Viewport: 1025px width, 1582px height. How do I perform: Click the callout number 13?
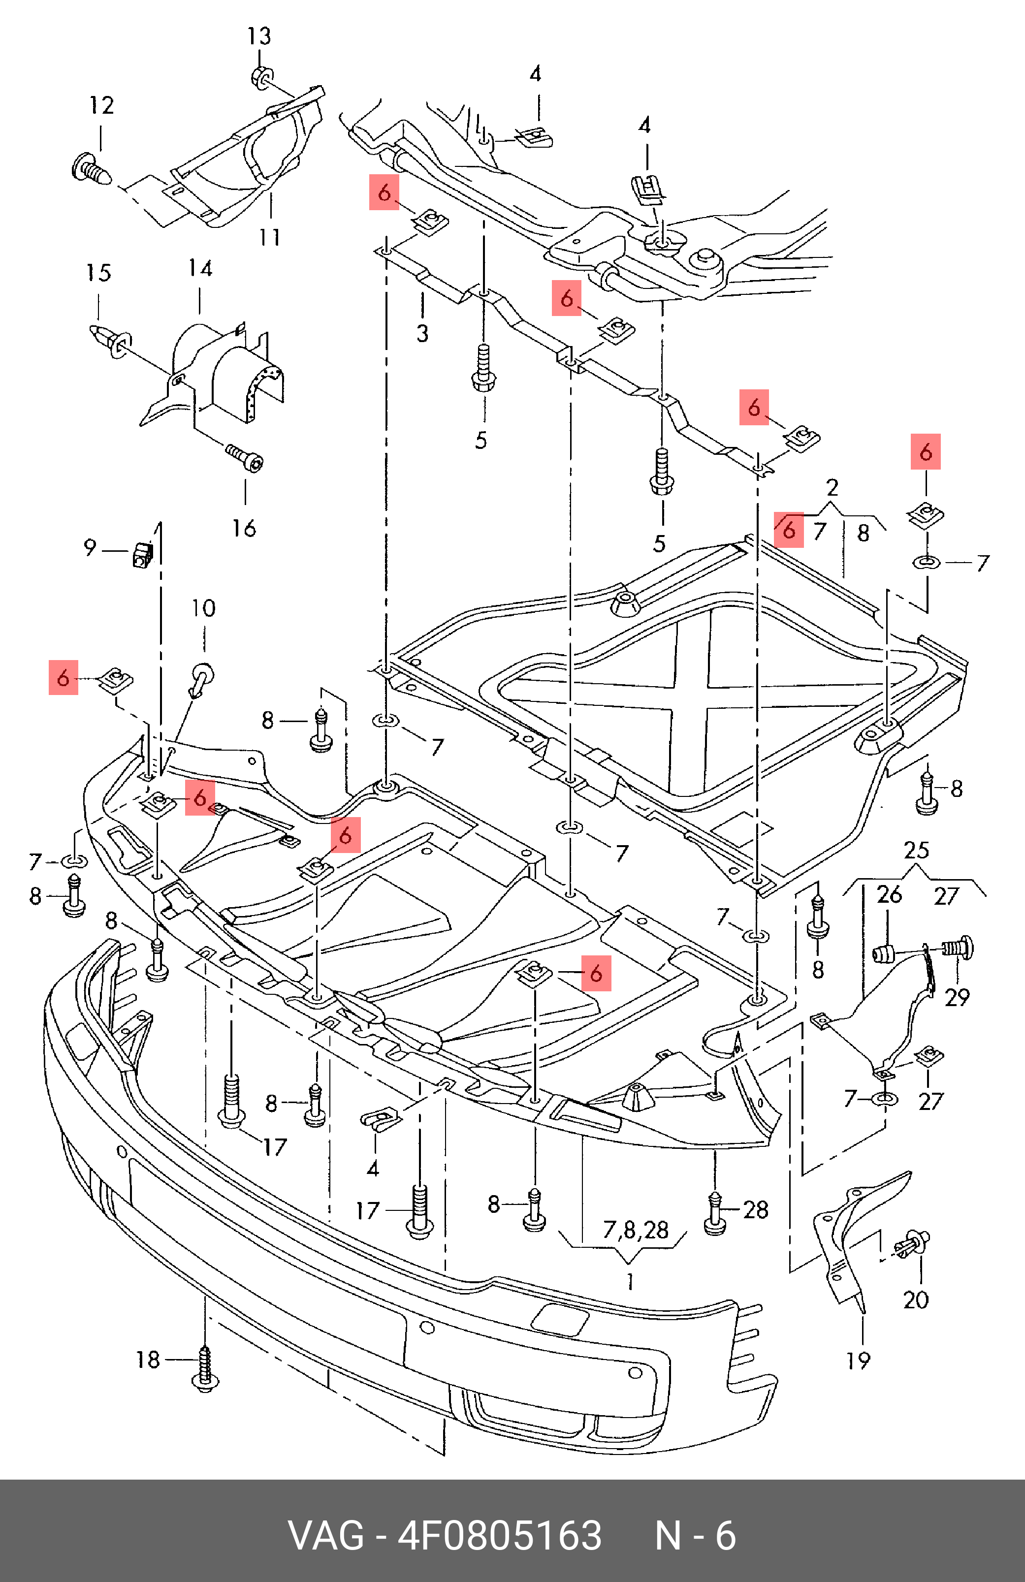pyautogui.click(x=259, y=36)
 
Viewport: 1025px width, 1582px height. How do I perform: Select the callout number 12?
pyautogui.click(x=102, y=105)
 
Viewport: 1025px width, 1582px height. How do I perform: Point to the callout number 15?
pyautogui.click(x=98, y=273)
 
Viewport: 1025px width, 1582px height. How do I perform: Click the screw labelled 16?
pyautogui.click(x=245, y=457)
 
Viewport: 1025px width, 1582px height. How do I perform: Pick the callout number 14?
pyautogui.click(x=200, y=269)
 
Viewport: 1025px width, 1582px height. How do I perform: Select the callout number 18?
pyautogui.click(x=148, y=1360)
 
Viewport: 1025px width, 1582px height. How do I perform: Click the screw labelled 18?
pyautogui.click(x=205, y=1369)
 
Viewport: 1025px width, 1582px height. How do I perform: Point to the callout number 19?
pyautogui.click(x=858, y=1361)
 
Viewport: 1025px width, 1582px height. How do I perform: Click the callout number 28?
pyautogui.click(x=756, y=1209)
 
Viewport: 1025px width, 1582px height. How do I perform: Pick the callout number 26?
pyautogui.click(x=890, y=895)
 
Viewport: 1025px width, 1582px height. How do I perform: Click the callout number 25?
pyautogui.click(x=917, y=850)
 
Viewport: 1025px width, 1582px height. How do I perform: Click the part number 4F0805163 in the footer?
pyautogui.click(x=499, y=1535)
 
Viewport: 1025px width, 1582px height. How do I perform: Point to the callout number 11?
pyautogui.click(x=270, y=237)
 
